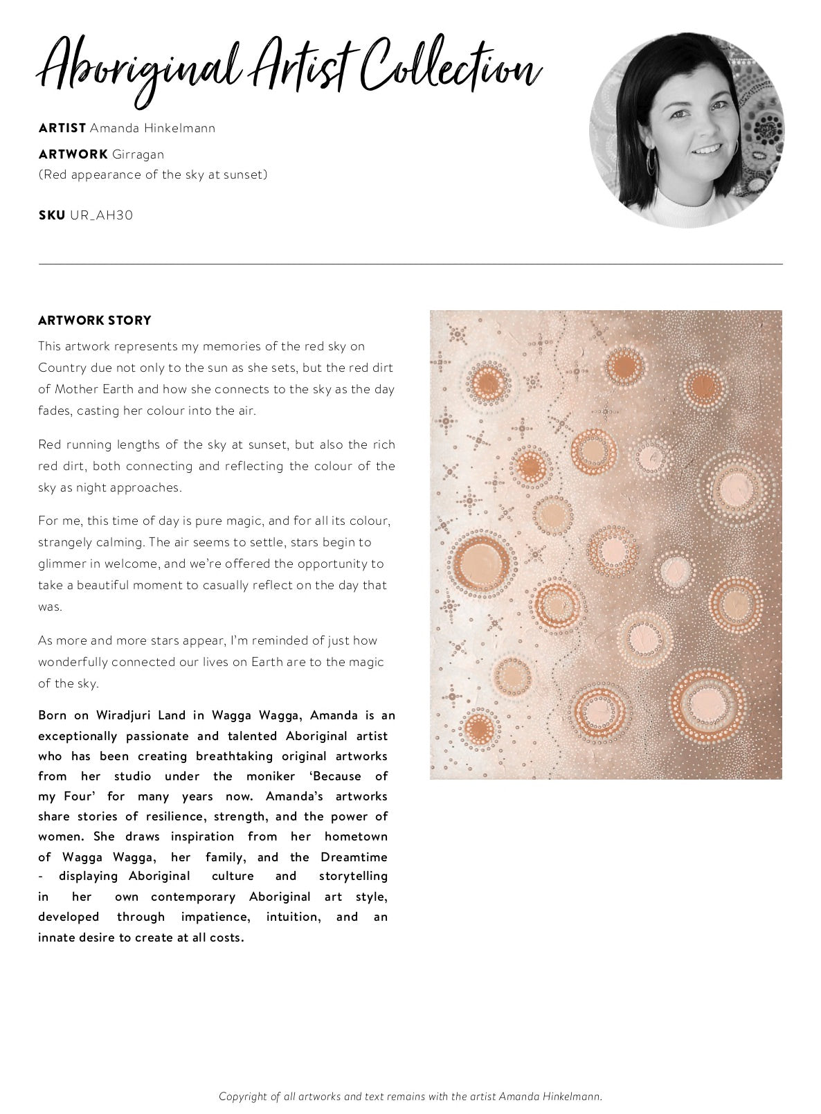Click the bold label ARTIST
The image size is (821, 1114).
coord(62,128)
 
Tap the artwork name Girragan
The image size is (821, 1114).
coord(138,154)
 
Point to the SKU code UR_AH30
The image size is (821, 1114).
coord(101,215)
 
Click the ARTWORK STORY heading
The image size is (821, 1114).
coord(95,321)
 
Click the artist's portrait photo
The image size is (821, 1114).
coord(687,130)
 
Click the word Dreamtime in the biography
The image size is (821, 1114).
coord(354,857)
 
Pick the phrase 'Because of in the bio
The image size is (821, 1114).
coord(348,776)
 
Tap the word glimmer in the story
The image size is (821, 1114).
coord(62,564)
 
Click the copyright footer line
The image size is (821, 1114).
coord(410,1096)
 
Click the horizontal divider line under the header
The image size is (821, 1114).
coord(410,264)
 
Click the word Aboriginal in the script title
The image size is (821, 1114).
coord(138,69)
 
